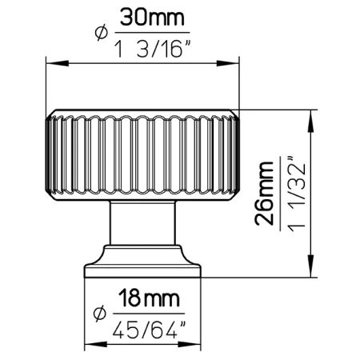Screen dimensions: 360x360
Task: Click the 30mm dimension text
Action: pos(152,17)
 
